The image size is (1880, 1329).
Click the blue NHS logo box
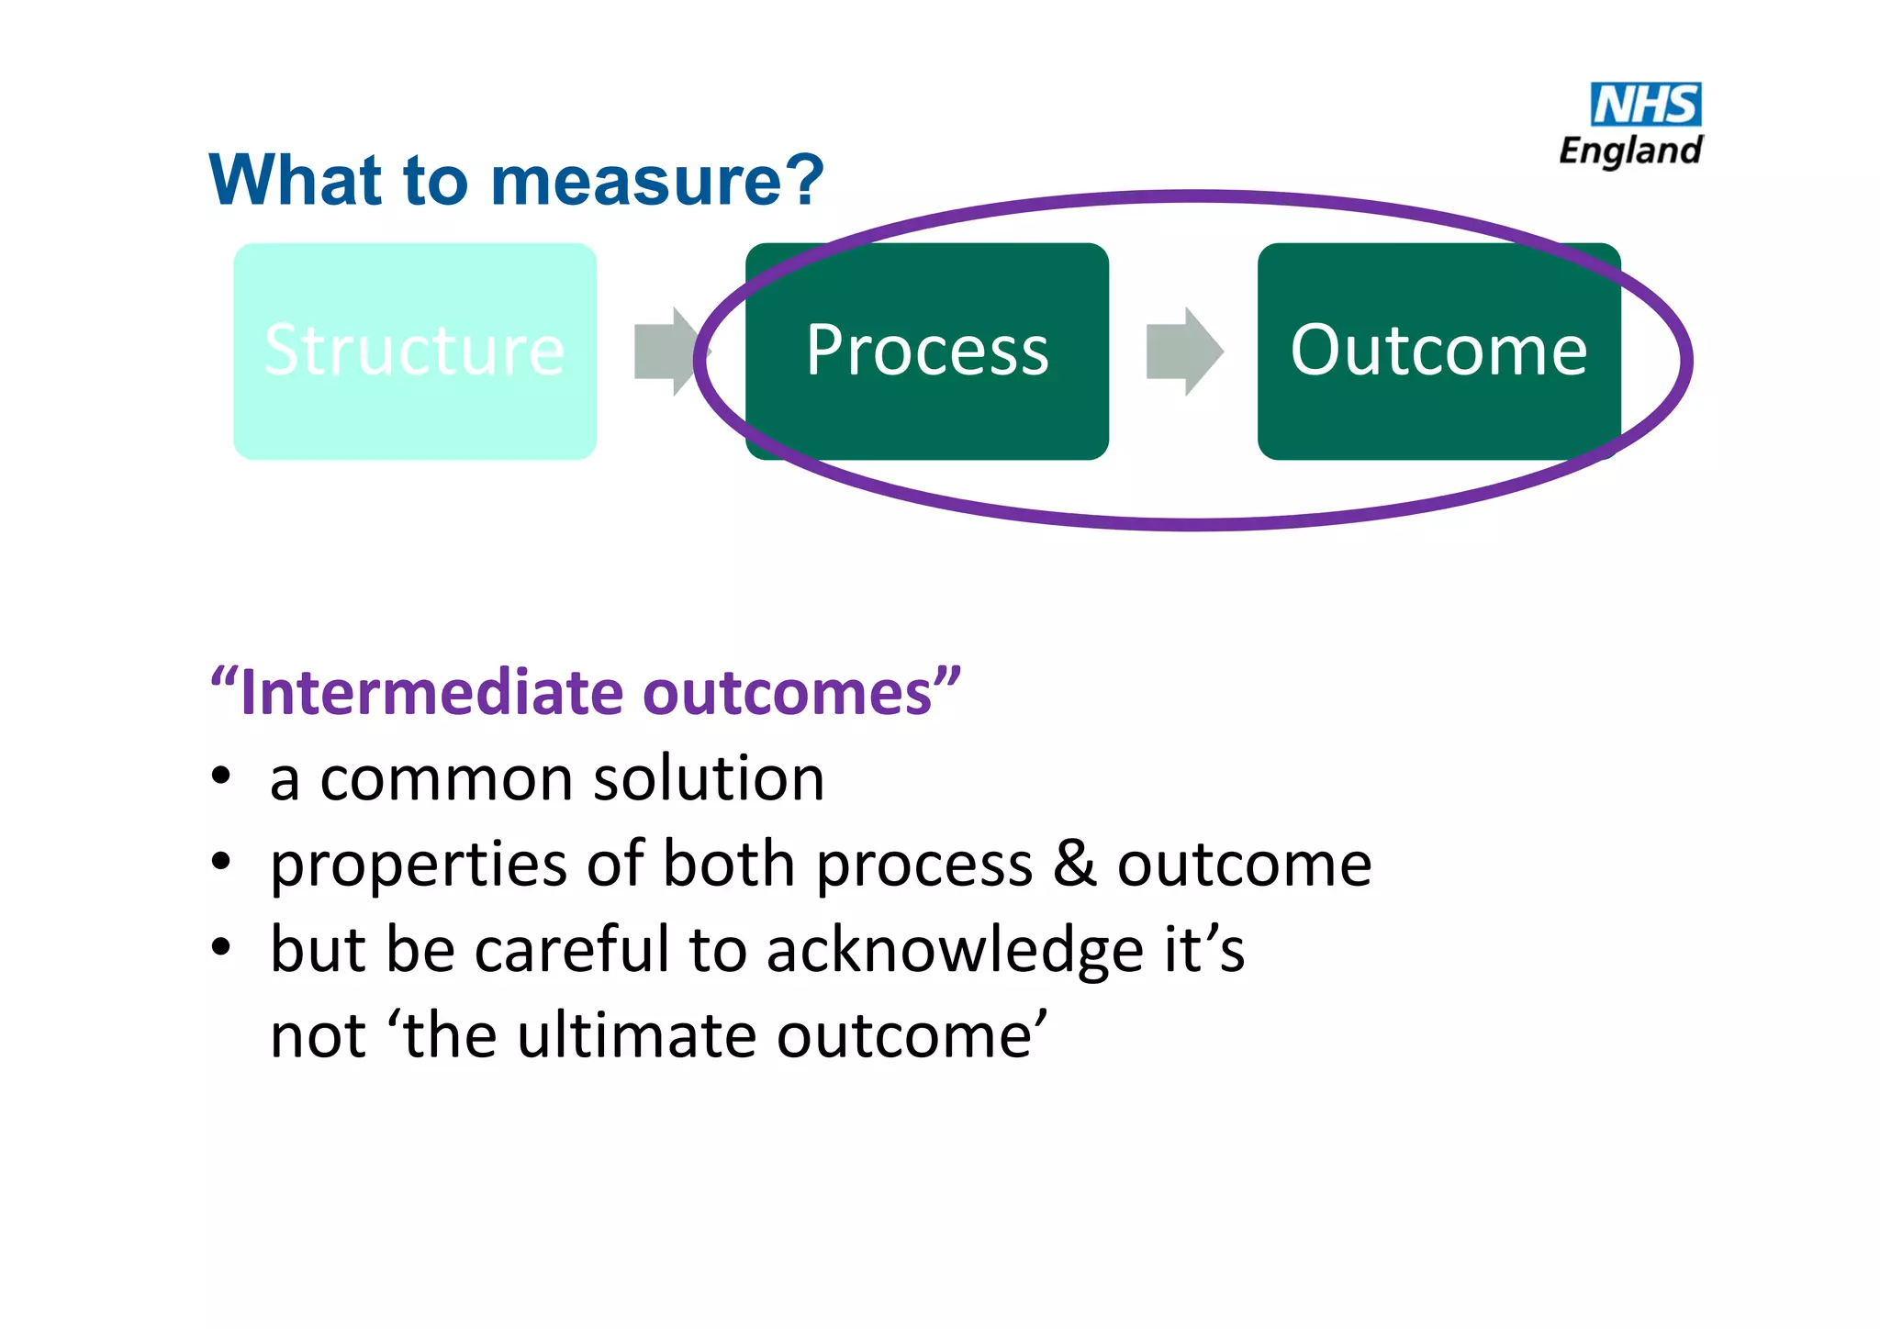(1645, 105)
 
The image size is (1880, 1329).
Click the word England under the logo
(1630, 151)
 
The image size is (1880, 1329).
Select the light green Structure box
(415, 352)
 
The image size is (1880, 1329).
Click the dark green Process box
(927, 352)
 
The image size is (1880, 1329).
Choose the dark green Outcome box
(1438, 352)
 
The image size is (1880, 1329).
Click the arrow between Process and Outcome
(1184, 352)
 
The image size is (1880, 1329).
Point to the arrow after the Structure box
(666, 352)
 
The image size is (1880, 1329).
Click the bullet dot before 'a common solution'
(220, 776)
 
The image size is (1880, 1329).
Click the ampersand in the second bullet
(1074, 864)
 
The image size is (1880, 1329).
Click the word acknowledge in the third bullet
(955, 951)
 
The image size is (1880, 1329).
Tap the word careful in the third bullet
(571, 949)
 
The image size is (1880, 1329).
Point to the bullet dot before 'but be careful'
(220, 947)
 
